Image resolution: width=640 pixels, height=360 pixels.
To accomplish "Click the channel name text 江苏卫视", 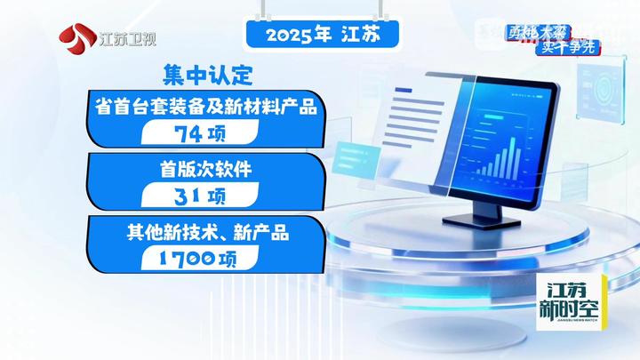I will click(126, 38).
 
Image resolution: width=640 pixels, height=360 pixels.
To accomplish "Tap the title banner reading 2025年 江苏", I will click(319, 36).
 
